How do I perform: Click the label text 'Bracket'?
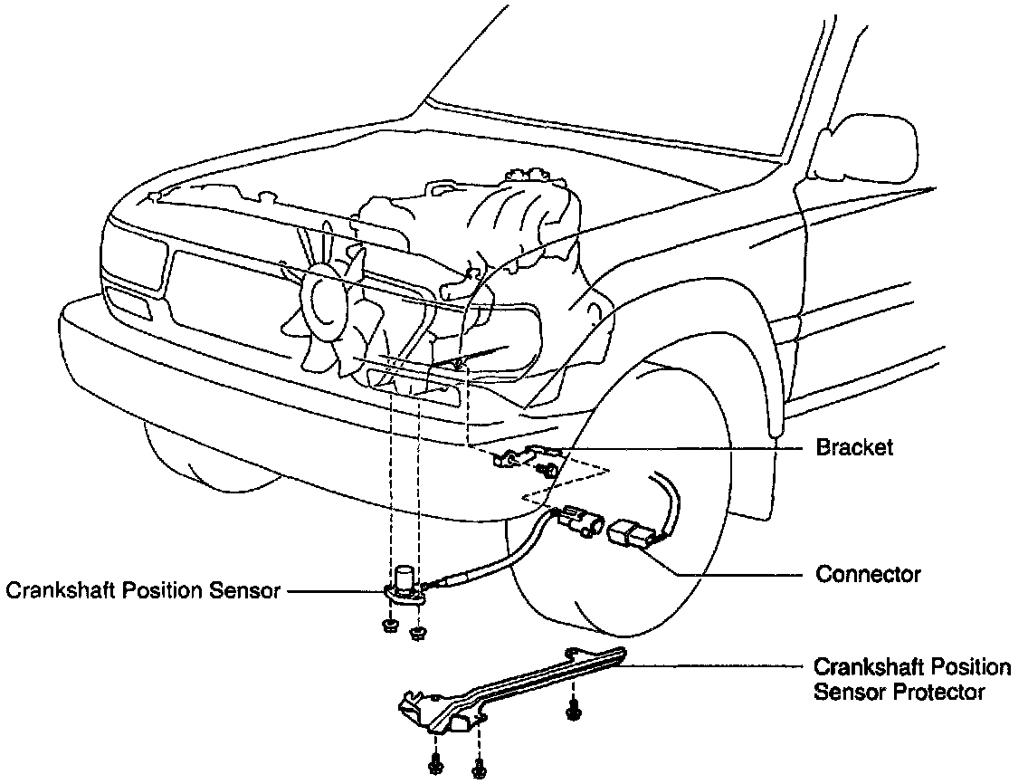coord(853,447)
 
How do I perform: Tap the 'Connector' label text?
coord(868,574)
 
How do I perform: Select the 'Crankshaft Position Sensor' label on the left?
coord(144,591)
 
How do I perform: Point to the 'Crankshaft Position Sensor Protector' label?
coord(911,679)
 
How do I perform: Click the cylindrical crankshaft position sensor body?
coord(403,578)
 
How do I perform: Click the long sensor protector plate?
coord(507,688)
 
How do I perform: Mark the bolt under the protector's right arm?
coord(572,712)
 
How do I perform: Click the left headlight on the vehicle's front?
coord(136,258)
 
